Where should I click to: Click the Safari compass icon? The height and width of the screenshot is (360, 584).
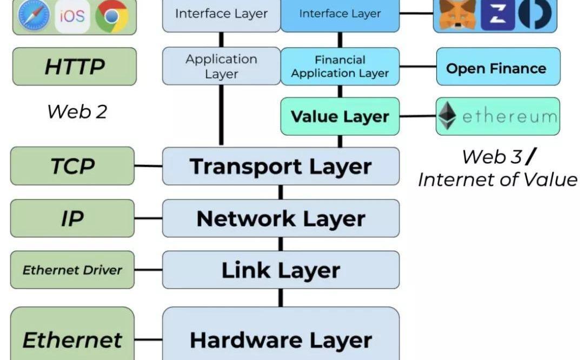[33, 15]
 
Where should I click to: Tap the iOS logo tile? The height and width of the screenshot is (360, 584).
[72, 15]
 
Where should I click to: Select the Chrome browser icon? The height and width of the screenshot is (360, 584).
[112, 15]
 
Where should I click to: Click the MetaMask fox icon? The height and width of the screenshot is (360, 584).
[457, 14]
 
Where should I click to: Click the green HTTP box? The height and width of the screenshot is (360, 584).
[75, 66]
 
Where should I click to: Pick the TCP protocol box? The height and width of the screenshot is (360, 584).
[72, 166]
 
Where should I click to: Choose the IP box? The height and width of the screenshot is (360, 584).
[72, 218]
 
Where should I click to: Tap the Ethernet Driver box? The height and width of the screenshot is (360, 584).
[72, 270]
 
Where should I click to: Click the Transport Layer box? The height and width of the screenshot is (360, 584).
[281, 166]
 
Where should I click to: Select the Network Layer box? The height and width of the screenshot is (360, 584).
[281, 218]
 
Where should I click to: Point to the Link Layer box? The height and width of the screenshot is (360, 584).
[281, 270]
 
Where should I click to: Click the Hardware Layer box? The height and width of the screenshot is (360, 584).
[281, 339]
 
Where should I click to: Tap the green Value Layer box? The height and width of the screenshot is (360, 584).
[340, 116]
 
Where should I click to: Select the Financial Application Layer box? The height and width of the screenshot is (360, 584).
[340, 66]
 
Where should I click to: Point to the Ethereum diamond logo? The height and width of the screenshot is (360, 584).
[447, 116]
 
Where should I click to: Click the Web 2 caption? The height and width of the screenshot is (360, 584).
[77, 111]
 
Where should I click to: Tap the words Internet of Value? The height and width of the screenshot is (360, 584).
[497, 179]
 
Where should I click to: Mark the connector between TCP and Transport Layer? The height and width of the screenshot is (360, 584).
[148, 166]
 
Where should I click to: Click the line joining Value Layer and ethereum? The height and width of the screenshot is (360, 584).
[418, 116]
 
